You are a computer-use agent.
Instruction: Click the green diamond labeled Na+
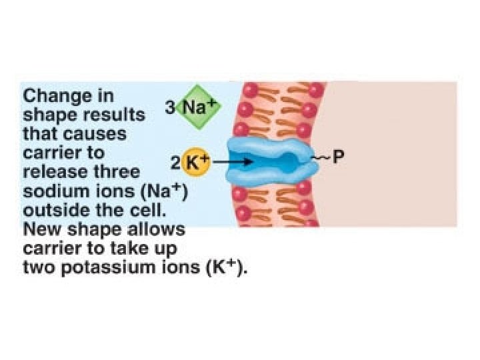198,107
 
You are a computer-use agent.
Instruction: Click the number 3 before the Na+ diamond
171,107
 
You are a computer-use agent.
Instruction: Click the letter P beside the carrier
338,160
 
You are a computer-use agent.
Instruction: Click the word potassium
101,268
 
